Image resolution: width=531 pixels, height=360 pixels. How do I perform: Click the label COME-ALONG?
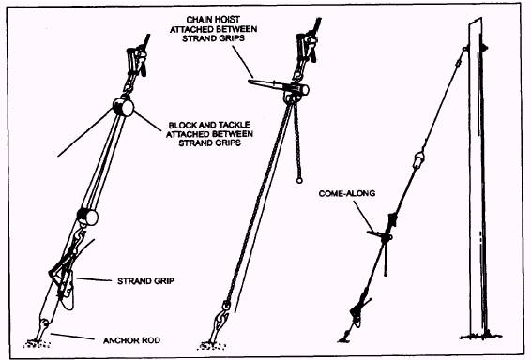[x=347, y=193]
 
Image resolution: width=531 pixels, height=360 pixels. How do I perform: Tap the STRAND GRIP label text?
[x=146, y=281]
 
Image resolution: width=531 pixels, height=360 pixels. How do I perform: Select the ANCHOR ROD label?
[x=131, y=340]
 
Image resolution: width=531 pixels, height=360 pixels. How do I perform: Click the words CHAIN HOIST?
[x=213, y=20]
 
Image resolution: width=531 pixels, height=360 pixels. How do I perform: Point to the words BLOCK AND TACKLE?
[x=209, y=125]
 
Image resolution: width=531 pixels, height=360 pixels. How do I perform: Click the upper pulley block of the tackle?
[x=123, y=106]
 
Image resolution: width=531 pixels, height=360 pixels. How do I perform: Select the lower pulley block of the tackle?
[x=87, y=217]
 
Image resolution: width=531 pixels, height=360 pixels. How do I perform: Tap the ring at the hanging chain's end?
[x=299, y=181]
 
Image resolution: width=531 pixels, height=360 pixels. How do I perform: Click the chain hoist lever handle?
[x=266, y=84]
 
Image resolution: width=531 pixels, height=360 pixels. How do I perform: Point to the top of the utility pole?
[x=475, y=22]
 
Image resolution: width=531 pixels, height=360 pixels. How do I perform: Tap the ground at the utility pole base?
[x=480, y=337]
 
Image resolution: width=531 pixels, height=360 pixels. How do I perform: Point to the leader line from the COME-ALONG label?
[x=363, y=217]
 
